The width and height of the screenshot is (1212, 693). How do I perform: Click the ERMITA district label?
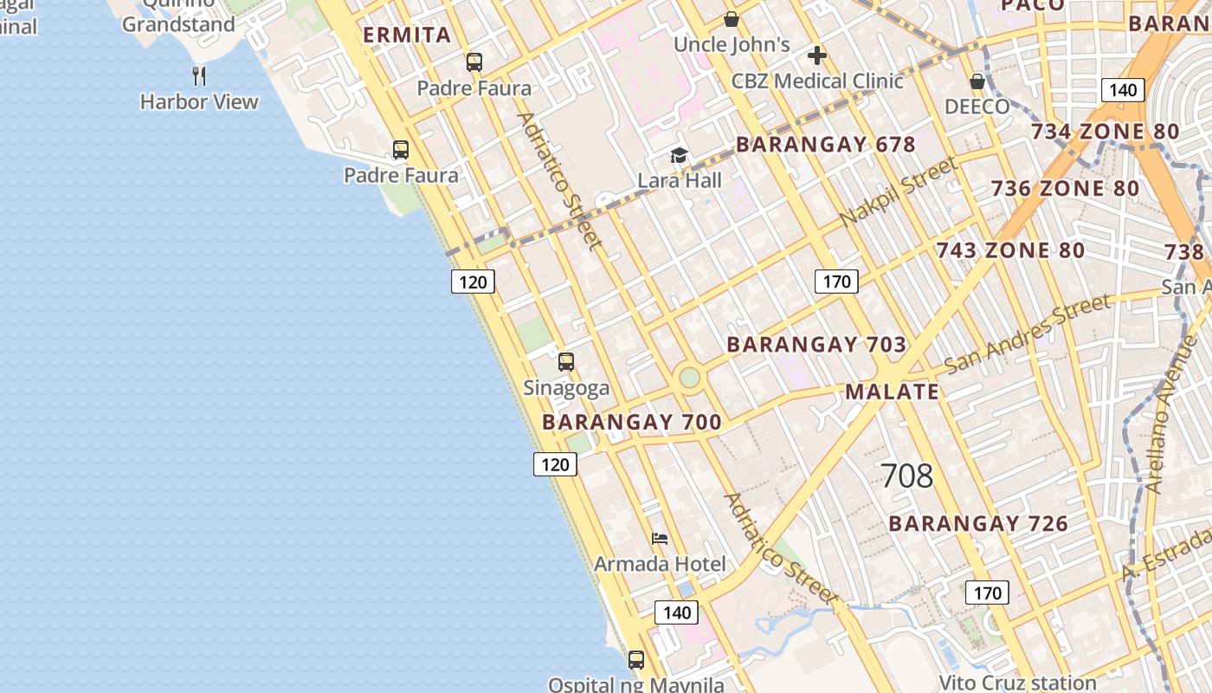click(x=407, y=36)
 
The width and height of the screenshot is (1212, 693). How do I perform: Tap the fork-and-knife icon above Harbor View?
click(x=199, y=76)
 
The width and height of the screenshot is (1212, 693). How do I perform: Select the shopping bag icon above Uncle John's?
click(x=732, y=19)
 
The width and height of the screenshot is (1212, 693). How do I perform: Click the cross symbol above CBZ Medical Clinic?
click(x=816, y=56)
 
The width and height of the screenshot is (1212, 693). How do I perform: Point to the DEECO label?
click(x=977, y=107)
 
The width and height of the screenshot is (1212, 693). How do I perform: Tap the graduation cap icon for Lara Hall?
click(x=679, y=156)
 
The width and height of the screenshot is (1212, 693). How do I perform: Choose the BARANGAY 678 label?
click(x=825, y=145)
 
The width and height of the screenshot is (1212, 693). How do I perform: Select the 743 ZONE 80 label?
click(x=1009, y=251)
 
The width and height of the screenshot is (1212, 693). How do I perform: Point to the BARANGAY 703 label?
click(x=816, y=345)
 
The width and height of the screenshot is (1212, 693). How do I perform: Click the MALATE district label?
click(x=892, y=392)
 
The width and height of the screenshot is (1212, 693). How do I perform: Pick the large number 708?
click(x=906, y=476)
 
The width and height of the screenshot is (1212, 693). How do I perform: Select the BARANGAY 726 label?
click(x=977, y=524)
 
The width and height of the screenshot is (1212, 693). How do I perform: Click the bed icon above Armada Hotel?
click(x=660, y=539)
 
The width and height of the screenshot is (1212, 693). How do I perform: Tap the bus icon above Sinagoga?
click(x=566, y=362)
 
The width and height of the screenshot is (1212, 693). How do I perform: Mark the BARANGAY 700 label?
click(x=631, y=423)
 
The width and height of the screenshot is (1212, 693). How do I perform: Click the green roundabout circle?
click(x=689, y=378)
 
